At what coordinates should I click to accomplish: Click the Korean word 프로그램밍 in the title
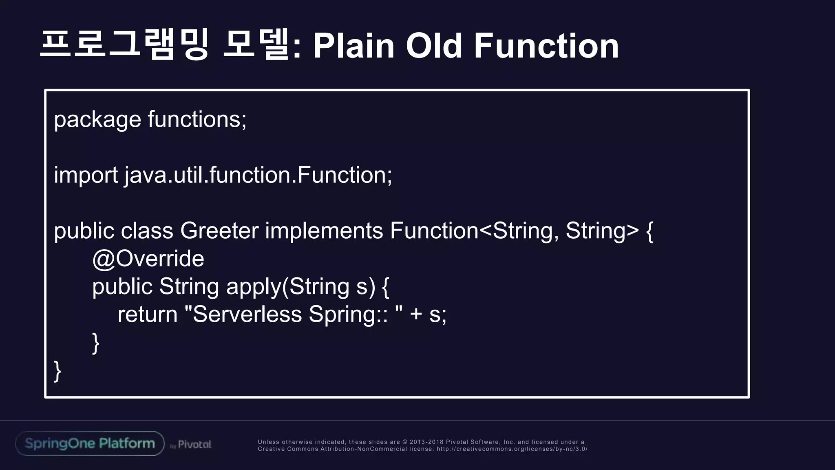(x=124, y=45)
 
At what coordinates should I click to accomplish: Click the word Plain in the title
(x=353, y=46)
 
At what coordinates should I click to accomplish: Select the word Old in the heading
(x=433, y=46)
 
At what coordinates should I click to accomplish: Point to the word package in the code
(x=97, y=120)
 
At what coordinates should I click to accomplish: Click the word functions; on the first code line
(x=197, y=119)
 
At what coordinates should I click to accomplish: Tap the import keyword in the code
(x=86, y=175)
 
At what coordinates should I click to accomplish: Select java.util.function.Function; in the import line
(x=258, y=175)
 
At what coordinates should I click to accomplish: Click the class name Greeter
(x=219, y=231)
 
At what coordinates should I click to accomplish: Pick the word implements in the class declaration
(x=324, y=231)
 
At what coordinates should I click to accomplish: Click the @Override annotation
(x=148, y=259)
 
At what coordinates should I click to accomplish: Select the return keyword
(x=148, y=315)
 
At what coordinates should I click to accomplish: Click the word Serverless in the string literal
(x=247, y=315)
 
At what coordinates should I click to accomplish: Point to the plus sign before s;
(x=416, y=315)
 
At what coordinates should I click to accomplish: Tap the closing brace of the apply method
(x=96, y=343)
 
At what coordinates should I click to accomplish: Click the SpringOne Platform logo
(x=90, y=443)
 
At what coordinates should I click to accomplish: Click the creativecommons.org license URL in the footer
(x=512, y=449)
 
